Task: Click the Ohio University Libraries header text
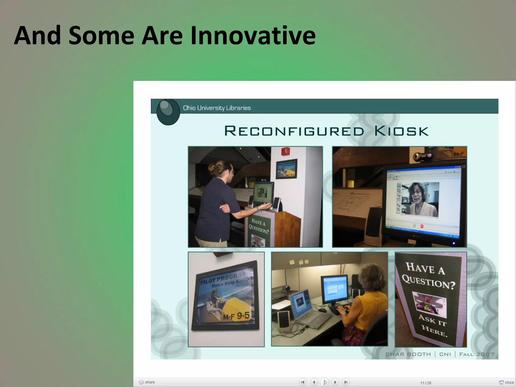217,108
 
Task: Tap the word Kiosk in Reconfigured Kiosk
401,131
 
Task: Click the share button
147,382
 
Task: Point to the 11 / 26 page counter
426,383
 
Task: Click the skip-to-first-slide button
303,382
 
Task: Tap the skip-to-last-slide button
346,382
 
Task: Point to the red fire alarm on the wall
285,151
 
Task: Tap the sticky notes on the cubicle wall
299,262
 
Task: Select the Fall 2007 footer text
477,354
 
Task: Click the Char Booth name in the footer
408,354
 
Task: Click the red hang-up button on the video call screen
422,226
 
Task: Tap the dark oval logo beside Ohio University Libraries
168,112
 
